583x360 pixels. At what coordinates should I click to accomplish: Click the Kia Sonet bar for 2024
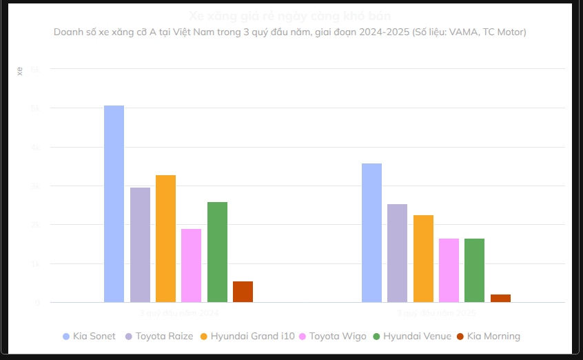pyautogui.click(x=114, y=203)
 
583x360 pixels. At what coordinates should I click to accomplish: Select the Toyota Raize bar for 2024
pyautogui.click(x=140, y=245)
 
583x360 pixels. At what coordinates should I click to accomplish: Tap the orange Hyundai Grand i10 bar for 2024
pyautogui.click(x=165, y=239)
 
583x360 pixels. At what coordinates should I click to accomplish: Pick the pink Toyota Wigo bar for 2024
pyautogui.click(x=191, y=266)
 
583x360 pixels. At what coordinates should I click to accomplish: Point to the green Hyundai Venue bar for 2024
pyautogui.click(x=217, y=252)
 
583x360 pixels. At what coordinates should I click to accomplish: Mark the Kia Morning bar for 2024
pyautogui.click(x=243, y=292)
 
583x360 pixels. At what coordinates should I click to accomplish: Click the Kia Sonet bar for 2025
pyautogui.click(x=371, y=232)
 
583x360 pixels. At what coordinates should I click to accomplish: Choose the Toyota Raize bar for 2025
pyautogui.click(x=397, y=253)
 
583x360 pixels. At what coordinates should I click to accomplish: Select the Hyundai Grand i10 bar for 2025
pyautogui.click(x=423, y=259)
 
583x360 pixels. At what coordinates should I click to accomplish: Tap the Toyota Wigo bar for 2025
pyautogui.click(x=449, y=270)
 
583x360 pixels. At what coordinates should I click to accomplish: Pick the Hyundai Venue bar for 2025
pyautogui.click(x=474, y=270)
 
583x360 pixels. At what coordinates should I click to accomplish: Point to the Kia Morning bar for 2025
pyautogui.click(x=500, y=298)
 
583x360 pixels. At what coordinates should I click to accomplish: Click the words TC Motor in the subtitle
pyautogui.click(x=504, y=32)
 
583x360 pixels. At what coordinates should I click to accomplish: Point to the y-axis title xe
pyautogui.click(x=19, y=71)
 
